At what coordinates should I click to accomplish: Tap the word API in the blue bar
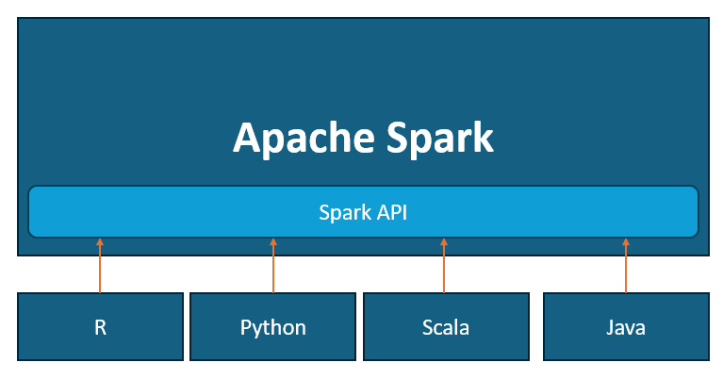click(x=390, y=212)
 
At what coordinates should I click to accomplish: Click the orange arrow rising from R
click(x=100, y=269)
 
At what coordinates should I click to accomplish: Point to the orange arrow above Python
click(x=273, y=269)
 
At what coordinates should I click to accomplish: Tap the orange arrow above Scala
click(x=445, y=269)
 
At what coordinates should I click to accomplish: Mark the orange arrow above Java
click(x=625, y=269)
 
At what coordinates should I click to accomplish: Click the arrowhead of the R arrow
click(x=100, y=242)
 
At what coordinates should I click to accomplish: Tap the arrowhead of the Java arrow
click(x=625, y=242)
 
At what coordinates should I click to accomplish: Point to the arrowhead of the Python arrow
click(x=273, y=242)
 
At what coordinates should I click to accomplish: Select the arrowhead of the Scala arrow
click(x=445, y=242)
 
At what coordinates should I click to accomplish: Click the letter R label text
click(x=100, y=328)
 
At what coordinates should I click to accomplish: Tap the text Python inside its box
click(x=272, y=328)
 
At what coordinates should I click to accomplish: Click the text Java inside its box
click(x=625, y=328)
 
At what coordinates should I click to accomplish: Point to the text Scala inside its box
click(x=445, y=328)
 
